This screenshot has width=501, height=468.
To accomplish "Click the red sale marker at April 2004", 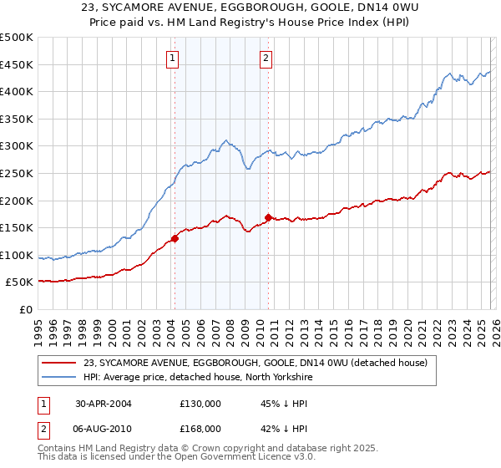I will tap(175, 238).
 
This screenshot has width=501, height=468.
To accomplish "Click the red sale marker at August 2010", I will tap(268, 218).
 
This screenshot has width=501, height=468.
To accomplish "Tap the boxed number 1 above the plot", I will tap(172, 58).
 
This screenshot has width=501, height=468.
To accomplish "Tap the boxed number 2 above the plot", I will tap(266, 58).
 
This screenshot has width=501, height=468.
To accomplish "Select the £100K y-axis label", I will tap(17, 255).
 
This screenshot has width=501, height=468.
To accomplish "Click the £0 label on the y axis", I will tap(25, 309).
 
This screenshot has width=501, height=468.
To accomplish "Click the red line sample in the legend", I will tap(59, 363).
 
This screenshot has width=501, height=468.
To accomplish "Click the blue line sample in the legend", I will tap(59, 377).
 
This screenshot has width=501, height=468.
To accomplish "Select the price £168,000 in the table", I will tap(200, 428).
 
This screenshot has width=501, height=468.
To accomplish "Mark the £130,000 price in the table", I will tap(200, 403).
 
